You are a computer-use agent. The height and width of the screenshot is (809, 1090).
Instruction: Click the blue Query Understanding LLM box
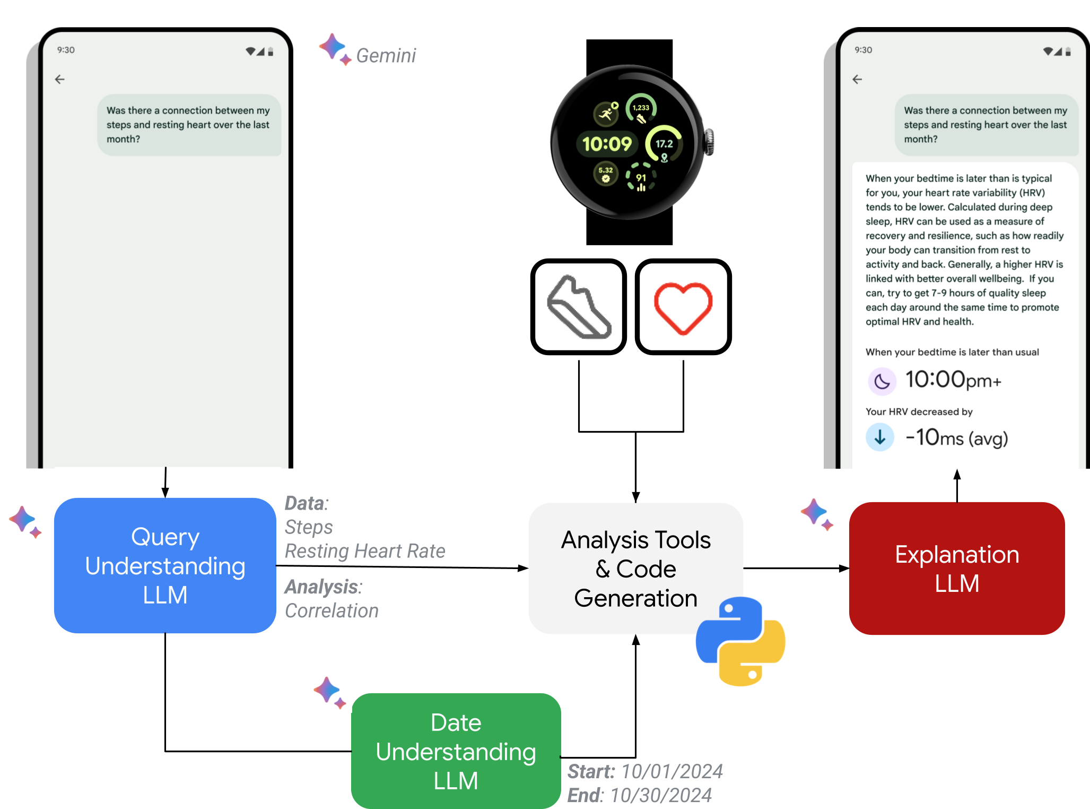point(165,565)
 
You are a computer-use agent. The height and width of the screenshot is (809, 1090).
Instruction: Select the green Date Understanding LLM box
point(456,751)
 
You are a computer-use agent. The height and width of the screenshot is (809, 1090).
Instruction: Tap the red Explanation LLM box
point(957,568)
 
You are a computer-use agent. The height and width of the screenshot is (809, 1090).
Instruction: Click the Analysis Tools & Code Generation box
point(635,568)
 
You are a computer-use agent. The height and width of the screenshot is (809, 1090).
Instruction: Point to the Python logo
point(740,641)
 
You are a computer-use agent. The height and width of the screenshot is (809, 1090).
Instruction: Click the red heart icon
point(683,307)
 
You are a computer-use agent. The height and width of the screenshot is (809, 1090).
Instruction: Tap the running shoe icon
point(579,307)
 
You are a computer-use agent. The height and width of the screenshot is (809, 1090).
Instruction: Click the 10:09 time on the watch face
point(607,144)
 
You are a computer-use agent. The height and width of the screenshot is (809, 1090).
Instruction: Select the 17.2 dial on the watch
point(664,144)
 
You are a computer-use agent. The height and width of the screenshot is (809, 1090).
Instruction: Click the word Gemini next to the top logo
point(387,55)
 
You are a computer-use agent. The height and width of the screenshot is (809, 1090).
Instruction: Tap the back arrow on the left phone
point(60,80)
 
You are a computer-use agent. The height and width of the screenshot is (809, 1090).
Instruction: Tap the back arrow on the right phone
point(857,80)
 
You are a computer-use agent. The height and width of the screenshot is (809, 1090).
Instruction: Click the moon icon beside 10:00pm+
point(882,381)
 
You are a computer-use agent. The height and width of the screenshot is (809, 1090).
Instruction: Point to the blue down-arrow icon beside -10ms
point(880,437)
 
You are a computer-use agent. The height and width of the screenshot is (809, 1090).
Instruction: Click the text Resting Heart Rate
point(365,551)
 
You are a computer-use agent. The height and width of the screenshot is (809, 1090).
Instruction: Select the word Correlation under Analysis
point(332,611)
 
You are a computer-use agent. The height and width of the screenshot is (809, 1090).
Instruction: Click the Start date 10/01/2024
point(672,771)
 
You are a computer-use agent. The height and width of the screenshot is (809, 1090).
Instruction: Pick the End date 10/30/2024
point(661,795)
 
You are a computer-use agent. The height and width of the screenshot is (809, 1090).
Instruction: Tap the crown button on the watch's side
point(709,142)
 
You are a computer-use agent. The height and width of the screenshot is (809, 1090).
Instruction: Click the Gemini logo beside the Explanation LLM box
point(818,514)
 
